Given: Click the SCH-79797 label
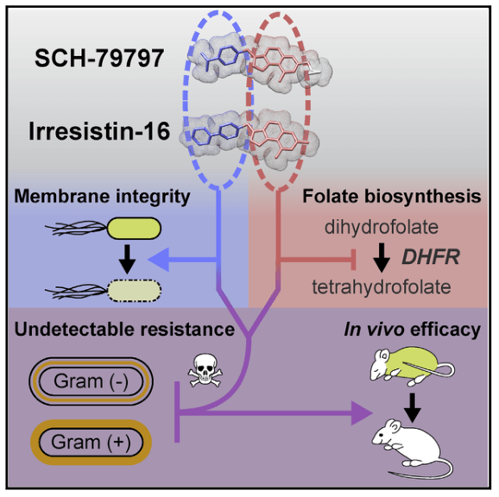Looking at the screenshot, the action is (99, 59).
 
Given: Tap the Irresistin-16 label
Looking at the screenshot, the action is (99, 131).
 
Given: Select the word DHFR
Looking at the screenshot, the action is (431, 257).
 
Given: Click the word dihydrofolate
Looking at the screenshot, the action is (382, 227).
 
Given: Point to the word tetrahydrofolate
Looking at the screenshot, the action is (382, 286).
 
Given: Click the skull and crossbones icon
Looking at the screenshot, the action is (205, 370).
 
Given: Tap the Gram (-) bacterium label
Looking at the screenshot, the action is (91, 381).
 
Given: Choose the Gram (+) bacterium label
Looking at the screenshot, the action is (91, 443).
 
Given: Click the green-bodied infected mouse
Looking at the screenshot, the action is (412, 367).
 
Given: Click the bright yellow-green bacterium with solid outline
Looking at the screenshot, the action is (135, 229).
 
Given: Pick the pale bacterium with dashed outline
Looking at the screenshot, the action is (135, 291).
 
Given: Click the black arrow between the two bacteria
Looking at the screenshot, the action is (127, 259).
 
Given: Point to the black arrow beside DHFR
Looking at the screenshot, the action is (382, 258).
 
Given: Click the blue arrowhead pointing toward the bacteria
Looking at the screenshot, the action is (159, 260).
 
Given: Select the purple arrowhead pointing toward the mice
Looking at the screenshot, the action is (362, 413).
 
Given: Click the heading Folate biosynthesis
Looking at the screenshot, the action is (391, 196).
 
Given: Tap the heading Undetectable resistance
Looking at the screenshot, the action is (124, 329).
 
